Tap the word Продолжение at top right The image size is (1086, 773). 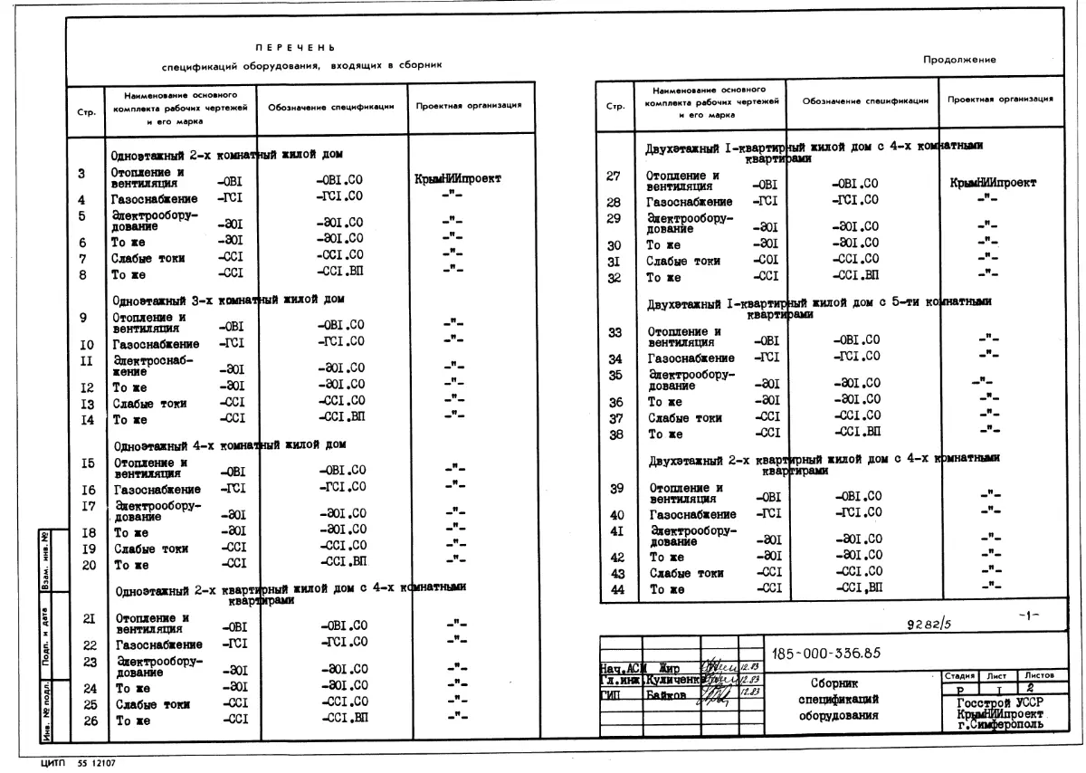959,60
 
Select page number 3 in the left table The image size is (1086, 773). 82,174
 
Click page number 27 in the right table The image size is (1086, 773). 614,176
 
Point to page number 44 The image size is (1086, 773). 618,589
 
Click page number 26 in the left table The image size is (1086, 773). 90,721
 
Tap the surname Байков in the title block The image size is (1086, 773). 665,695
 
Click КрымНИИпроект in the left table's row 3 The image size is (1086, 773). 457,179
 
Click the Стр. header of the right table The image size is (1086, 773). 615,105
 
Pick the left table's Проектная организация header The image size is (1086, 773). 468,106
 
